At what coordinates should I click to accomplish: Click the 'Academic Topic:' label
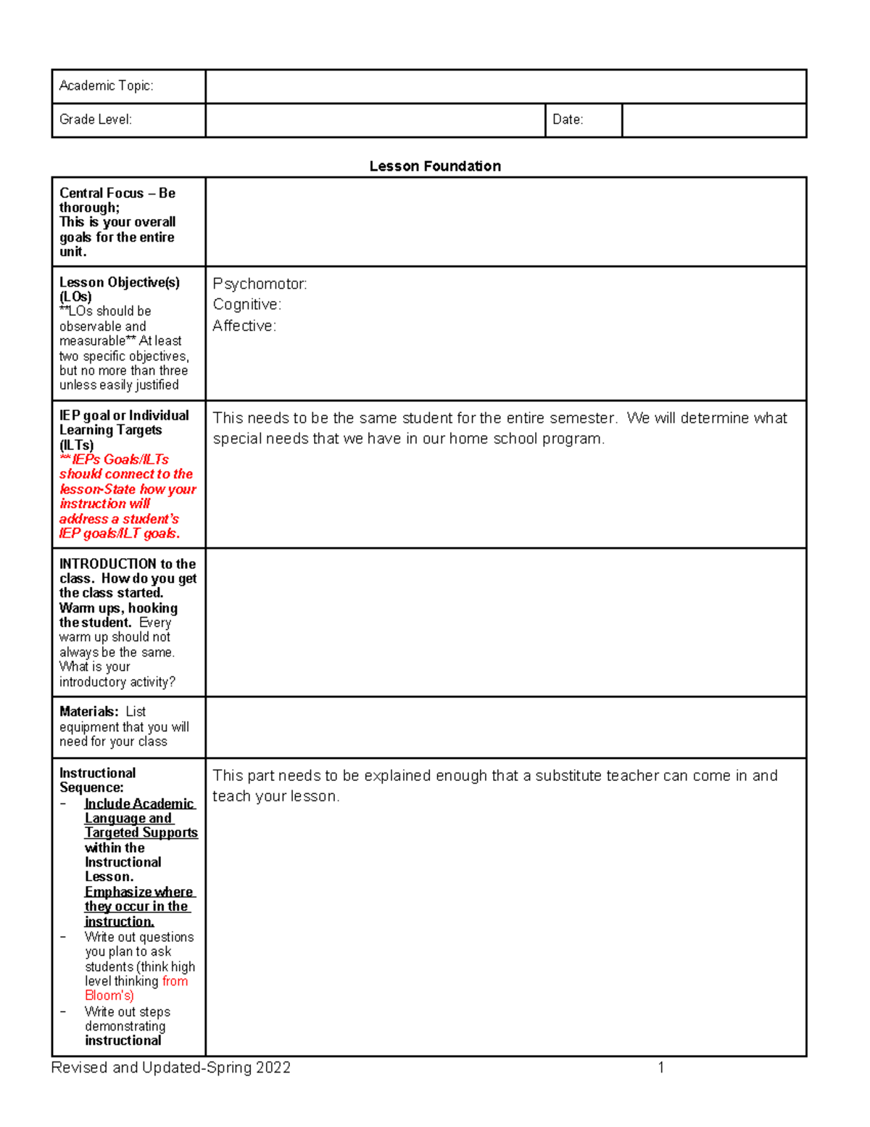coord(106,86)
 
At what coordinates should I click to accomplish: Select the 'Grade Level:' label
coord(95,120)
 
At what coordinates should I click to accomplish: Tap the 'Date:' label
coord(567,120)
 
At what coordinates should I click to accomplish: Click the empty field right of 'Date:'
coord(713,120)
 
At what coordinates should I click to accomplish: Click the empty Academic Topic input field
coord(505,86)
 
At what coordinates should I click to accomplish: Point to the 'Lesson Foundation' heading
coord(434,166)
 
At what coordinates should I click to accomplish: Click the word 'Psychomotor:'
coord(260,284)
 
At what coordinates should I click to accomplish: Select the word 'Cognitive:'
coord(246,305)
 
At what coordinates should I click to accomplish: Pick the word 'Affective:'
coord(244,327)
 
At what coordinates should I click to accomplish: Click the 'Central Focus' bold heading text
coord(101,193)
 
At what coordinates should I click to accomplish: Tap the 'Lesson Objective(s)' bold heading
coord(119,282)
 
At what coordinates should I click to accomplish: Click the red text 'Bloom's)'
coord(109,996)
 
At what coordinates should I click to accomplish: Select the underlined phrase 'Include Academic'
coord(139,803)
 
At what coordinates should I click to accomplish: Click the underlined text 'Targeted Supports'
coord(141,833)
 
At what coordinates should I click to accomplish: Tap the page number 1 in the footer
coord(660,1067)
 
